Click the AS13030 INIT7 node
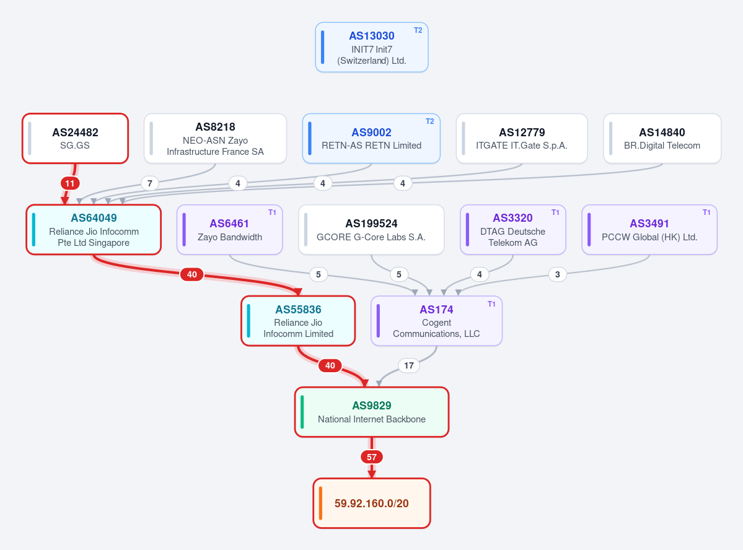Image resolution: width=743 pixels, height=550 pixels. tap(372, 47)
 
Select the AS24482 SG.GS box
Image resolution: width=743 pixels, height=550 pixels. tap(76, 138)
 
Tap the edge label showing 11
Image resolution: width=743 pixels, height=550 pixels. tap(70, 183)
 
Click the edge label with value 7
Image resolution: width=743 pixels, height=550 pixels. tap(150, 183)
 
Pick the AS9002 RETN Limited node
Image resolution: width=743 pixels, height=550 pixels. tap(372, 138)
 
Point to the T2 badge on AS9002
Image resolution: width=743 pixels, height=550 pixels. tap(430, 121)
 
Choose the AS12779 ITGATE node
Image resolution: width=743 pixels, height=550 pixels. tap(522, 138)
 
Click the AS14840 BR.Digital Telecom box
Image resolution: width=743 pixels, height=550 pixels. tap(662, 138)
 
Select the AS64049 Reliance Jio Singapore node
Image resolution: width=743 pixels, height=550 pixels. tap(94, 230)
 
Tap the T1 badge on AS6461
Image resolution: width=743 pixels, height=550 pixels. tap(272, 212)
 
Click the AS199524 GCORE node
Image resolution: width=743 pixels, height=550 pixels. tap(372, 230)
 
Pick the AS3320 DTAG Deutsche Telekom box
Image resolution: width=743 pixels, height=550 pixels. tap(512, 230)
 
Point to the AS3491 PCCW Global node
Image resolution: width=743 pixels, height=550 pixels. tap(649, 230)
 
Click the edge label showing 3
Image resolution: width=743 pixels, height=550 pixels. tap(558, 274)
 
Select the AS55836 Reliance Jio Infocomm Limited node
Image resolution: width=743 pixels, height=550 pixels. tap(298, 321)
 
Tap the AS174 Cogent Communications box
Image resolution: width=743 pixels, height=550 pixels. tap(436, 321)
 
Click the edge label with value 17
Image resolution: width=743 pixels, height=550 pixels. tap(409, 365)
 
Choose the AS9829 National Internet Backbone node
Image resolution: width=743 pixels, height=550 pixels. tap(372, 412)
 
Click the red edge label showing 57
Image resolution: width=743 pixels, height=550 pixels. tap(372, 457)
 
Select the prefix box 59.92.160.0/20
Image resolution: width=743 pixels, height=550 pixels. tap(372, 503)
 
